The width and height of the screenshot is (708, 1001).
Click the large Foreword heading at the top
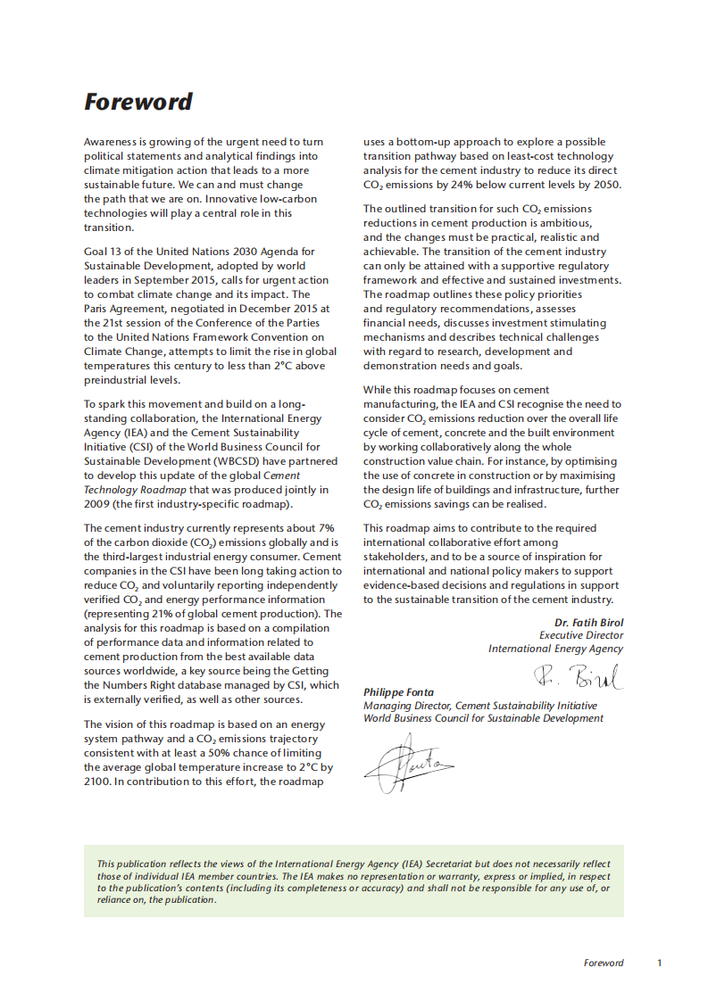(x=137, y=102)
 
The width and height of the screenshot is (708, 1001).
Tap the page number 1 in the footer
(x=660, y=963)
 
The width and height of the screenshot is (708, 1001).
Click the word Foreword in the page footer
(x=604, y=963)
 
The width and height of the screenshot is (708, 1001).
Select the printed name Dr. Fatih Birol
(x=588, y=622)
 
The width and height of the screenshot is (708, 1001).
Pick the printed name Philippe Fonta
(x=398, y=692)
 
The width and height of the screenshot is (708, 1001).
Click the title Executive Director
(x=581, y=635)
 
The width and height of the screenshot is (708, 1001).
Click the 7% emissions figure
(x=326, y=528)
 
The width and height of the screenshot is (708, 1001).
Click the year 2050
(x=605, y=185)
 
